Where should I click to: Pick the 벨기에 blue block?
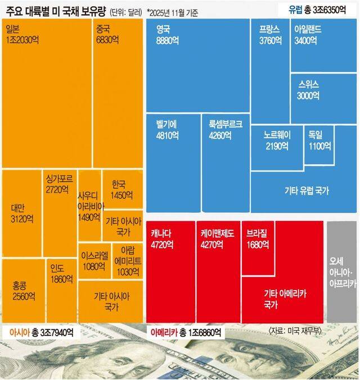[x=172, y=162]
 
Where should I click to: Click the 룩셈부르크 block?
[x=225, y=162]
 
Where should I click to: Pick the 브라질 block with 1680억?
[x=258, y=247]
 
